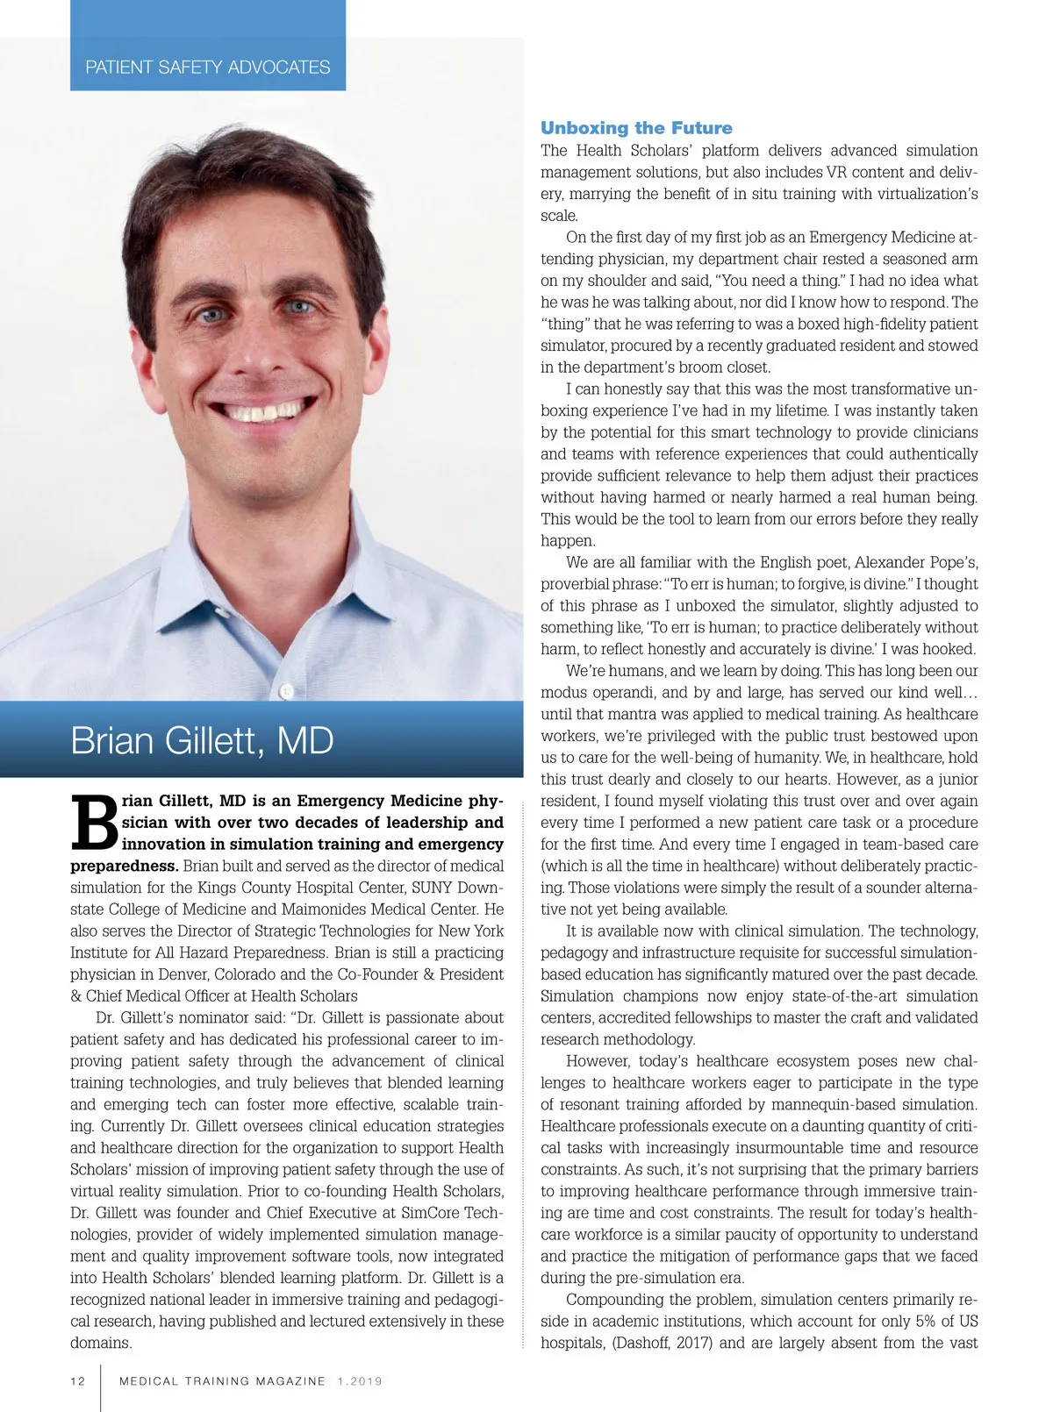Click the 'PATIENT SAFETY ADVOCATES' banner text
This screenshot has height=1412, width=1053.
(208, 68)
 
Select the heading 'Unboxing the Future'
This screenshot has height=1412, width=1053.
(636, 128)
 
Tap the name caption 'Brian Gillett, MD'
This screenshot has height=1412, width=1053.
(202, 741)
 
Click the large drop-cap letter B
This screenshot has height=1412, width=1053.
(93, 822)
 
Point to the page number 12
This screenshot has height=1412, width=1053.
(78, 1381)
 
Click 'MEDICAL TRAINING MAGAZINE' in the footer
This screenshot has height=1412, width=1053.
(222, 1381)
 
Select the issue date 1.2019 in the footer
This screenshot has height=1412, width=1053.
(360, 1381)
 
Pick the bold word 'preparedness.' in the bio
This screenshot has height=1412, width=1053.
(124, 866)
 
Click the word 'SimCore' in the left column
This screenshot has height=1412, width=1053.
(432, 1213)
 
